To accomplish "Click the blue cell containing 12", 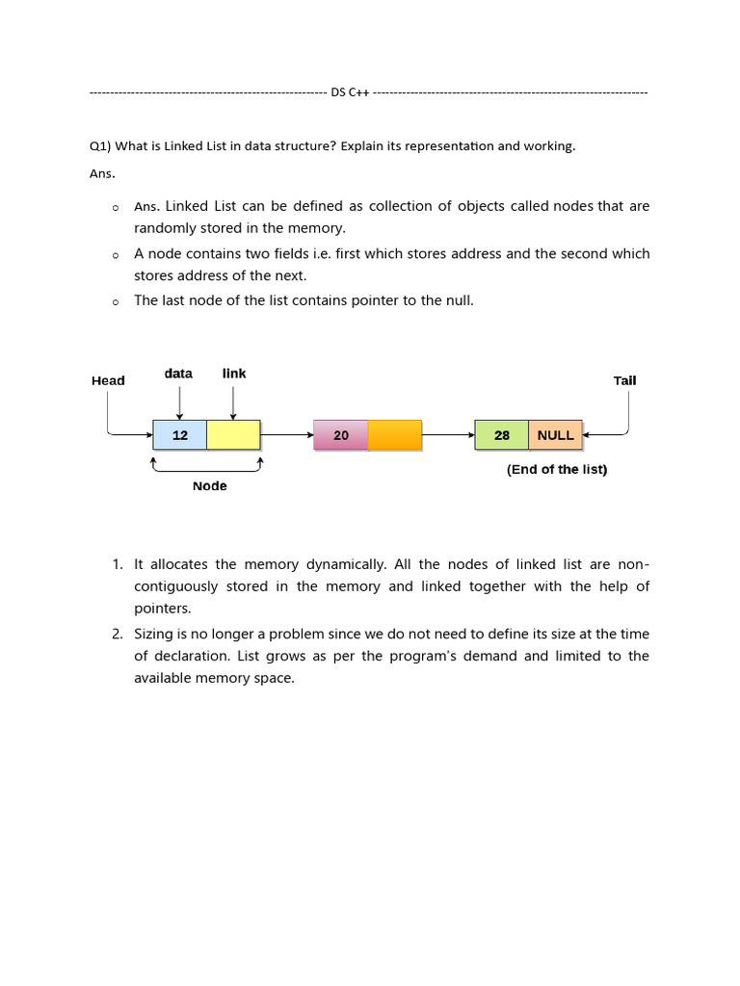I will pos(180,435).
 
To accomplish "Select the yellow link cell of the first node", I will pos(233,435).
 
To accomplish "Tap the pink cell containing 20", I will pos(341,435).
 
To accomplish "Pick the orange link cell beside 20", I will pos(395,435).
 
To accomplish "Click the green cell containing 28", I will pos(502,435).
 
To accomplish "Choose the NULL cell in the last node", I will pos(556,435).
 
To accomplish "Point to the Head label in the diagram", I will pos(108,380).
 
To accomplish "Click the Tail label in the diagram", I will pos(624,380).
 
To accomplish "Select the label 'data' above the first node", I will pos(178,373).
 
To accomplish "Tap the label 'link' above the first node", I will pos(234,373).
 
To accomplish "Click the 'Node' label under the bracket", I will pos(209,486).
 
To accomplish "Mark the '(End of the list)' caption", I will pos(557,470).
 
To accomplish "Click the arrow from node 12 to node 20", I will pos(286,435).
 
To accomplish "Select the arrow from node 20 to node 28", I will pos(448,435).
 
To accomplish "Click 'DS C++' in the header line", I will pos(350,92).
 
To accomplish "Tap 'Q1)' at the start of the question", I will pos(100,146).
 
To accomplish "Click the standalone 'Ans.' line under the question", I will pos(102,174).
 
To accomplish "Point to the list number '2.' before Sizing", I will pos(117,634).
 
